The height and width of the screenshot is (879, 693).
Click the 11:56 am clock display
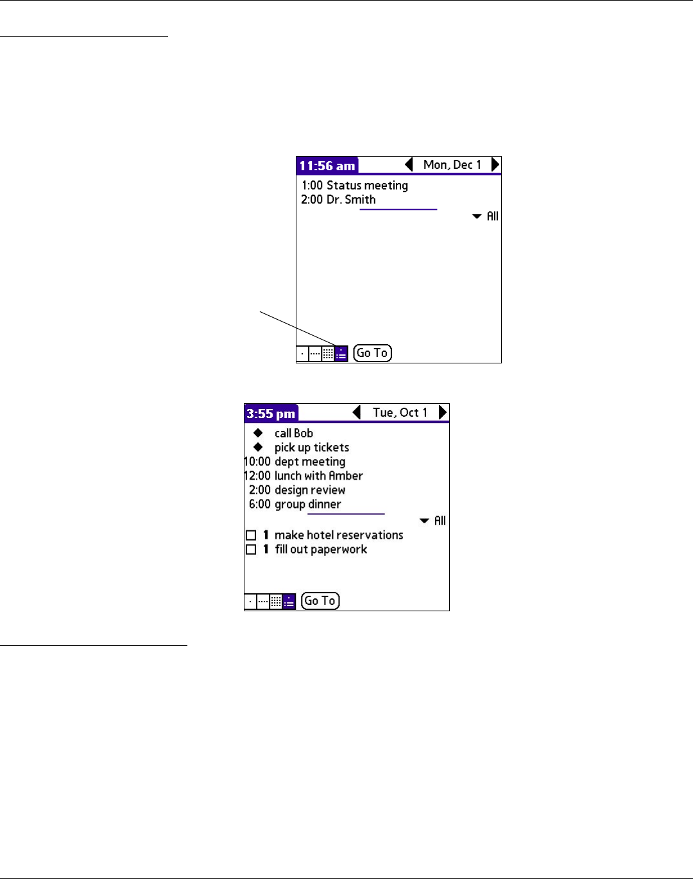(327, 166)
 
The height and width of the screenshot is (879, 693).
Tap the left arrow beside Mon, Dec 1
(409, 165)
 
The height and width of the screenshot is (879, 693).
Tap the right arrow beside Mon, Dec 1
(495, 165)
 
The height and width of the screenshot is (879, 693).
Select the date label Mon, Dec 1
(452, 165)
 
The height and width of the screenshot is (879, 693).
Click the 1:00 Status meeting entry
(355, 186)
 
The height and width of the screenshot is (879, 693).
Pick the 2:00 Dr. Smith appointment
(338, 200)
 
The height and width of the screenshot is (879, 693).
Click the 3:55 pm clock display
(271, 413)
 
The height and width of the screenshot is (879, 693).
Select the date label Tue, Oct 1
(400, 413)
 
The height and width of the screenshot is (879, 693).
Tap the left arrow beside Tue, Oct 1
(357, 413)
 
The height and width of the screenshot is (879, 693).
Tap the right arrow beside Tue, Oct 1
(442, 413)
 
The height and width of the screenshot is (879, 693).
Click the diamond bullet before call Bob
(258, 433)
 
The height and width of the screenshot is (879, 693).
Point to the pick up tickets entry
(312, 448)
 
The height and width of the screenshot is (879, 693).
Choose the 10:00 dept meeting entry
(295, 462)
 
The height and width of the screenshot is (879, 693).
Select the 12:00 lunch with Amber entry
(304, 476)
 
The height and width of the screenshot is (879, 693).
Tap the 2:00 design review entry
(297, 490)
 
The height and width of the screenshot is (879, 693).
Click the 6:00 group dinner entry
(295, 504)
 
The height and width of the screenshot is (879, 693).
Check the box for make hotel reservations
(251, 535)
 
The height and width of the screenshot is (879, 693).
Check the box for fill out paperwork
(251, 550)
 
